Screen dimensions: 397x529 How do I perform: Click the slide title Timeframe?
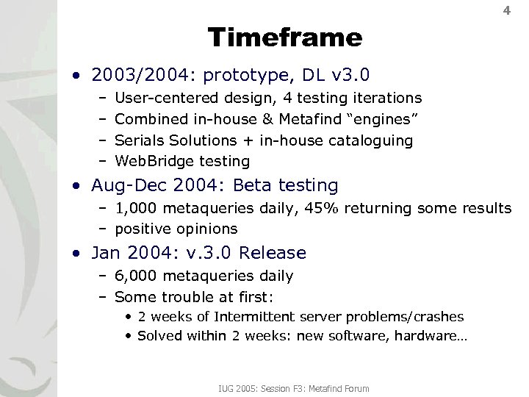285,37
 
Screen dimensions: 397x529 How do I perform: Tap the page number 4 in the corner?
506,11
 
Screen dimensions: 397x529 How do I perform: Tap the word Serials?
140,140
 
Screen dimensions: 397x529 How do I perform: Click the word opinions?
207,229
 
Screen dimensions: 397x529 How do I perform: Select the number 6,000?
135,276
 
